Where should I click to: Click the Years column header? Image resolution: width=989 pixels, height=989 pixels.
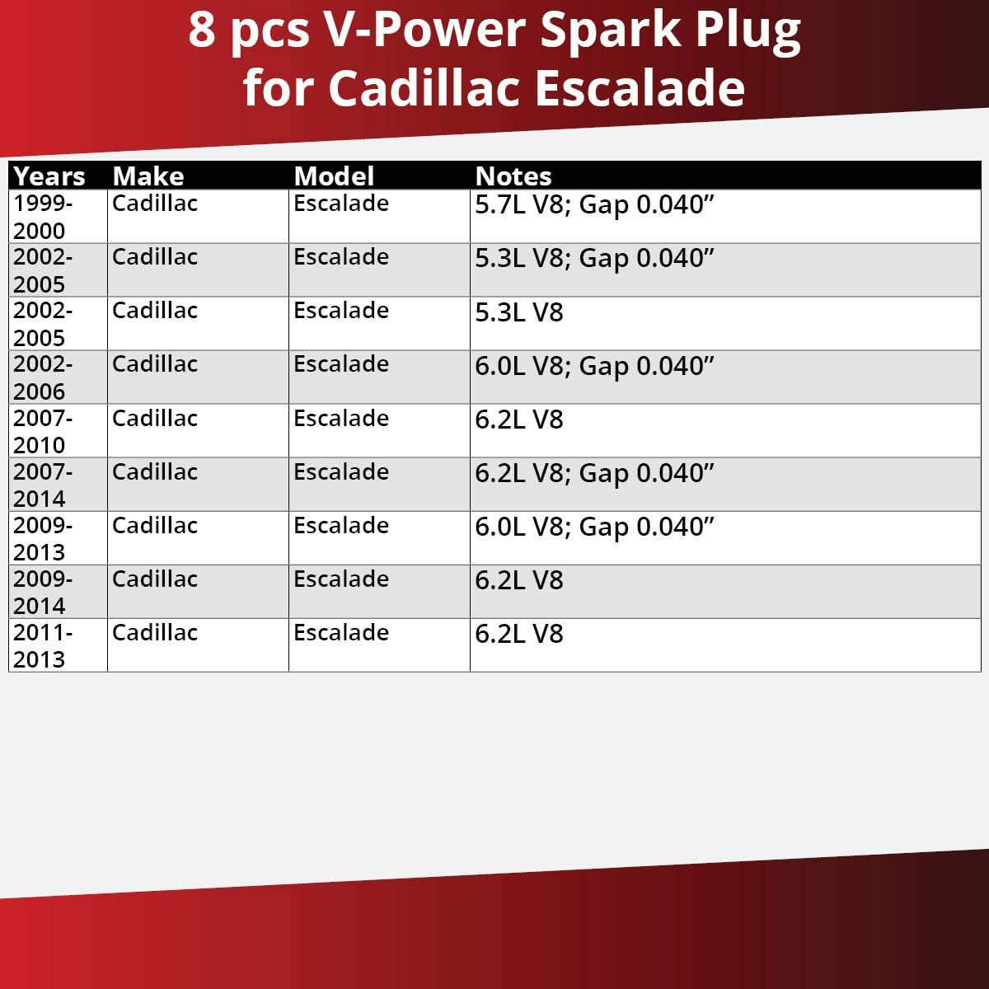tap(49, 176)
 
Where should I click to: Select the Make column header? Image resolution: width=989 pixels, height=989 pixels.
tap(148, 176)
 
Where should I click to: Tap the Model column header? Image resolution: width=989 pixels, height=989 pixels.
tap(334, 176)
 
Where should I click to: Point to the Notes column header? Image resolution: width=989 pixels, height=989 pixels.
tap(513, 176)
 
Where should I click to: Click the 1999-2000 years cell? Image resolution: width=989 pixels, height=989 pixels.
tap(43, 217)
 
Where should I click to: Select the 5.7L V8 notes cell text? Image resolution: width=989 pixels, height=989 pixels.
tap(594, 204)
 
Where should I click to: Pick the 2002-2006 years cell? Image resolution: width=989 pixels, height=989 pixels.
tap(43, 377)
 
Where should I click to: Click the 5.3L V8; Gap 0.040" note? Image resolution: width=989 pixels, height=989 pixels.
tap(594, 258)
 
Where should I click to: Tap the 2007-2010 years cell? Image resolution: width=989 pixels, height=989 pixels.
tap(43, 432)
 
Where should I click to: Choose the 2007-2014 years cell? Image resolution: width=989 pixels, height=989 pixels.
tap(43, 485)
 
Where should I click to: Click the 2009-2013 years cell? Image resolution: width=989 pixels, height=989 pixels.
tap(43, 538)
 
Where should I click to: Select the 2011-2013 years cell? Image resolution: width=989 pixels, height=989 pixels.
tap(43, 645)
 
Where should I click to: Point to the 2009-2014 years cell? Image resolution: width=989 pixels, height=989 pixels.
tap(43, 593)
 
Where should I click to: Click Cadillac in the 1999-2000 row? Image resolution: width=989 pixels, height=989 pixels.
tap(154, 204)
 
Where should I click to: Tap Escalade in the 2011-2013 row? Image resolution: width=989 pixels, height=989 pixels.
tap(341, 632)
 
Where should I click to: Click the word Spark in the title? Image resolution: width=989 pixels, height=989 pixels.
tap(610, 30)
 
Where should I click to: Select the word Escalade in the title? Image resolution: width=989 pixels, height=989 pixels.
tap(639, 88)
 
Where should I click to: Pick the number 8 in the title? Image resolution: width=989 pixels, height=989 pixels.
tap(201, 30)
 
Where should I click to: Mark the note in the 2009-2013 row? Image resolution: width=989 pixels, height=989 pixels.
tap(594, 527)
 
